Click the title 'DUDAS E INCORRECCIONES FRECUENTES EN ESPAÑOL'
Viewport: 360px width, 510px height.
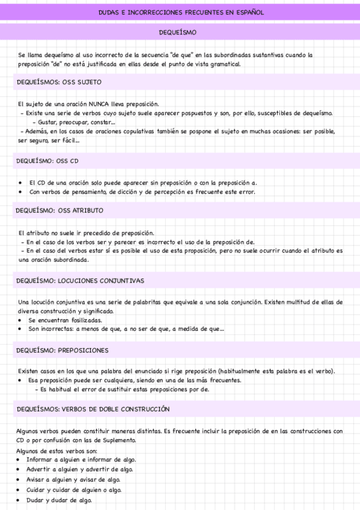click(180, 12)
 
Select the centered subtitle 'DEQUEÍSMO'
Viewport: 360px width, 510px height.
click(180, 31)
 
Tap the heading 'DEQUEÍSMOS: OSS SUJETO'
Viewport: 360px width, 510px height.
click(59, 82)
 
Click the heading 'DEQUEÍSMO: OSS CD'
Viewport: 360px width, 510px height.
click(47, 161)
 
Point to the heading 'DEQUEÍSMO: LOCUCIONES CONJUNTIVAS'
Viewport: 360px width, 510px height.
click(80, 280)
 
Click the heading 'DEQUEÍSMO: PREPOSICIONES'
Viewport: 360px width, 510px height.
click(63, 350)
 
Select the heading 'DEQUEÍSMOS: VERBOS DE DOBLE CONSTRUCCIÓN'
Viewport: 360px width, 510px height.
click(93, 409)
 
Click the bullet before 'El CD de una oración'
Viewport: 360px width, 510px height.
click(21, 183)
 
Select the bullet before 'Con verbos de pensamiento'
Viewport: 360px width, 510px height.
click(21, 192)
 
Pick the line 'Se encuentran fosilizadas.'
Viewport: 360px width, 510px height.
click(65, 321)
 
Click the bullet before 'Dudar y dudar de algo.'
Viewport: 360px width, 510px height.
click(20, 500)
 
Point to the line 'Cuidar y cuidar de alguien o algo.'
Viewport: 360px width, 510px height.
click(74, 490)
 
